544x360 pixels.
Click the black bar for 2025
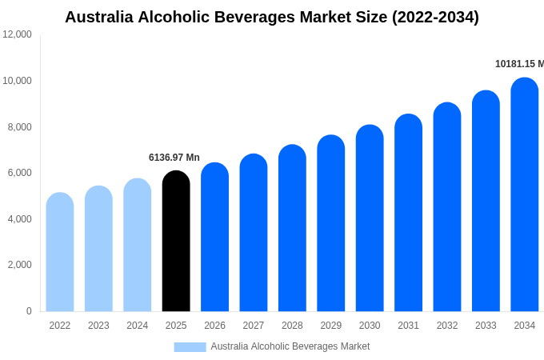point(176,241)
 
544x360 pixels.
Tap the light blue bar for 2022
point(60,252)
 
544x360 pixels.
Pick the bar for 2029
point(330,223)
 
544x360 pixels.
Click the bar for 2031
point(408,213)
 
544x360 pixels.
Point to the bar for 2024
point(137,245)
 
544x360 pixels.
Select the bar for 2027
point(254,233)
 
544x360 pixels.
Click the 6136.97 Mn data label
point(174,158)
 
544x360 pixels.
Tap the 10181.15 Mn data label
point(519,64)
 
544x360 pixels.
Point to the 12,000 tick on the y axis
point(18,34)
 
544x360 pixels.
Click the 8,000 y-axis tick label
point(20,126)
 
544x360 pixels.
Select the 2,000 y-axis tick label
point(20,265)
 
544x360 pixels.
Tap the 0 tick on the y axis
point(29,311)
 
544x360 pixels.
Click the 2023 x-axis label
point(98,326)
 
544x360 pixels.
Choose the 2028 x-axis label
point(292,326)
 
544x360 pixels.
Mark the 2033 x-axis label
point(486,326)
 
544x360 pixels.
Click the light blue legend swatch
point(190,346)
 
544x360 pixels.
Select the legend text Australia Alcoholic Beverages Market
point(290,346)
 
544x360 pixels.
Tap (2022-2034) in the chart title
point(435,17)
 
